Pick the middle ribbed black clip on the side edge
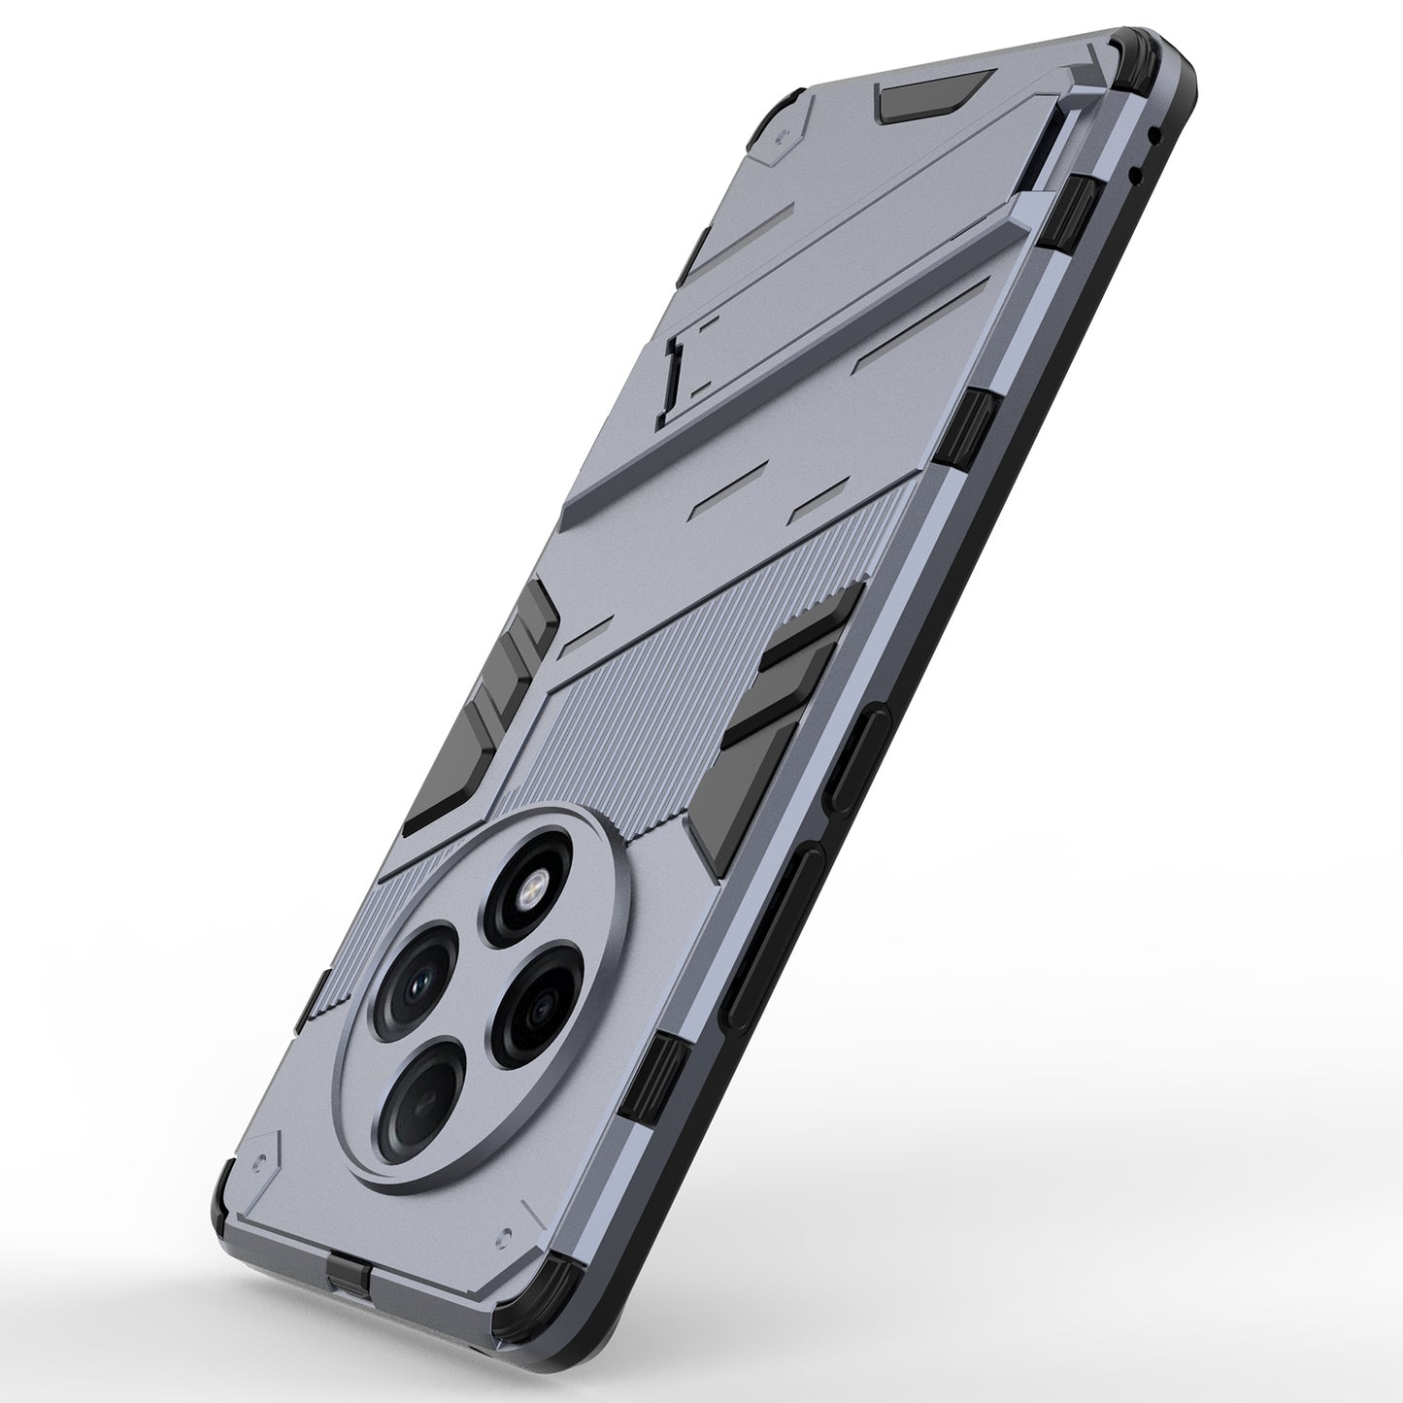click(x=973, y=418)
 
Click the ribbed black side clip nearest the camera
click(x=668, y=1068)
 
